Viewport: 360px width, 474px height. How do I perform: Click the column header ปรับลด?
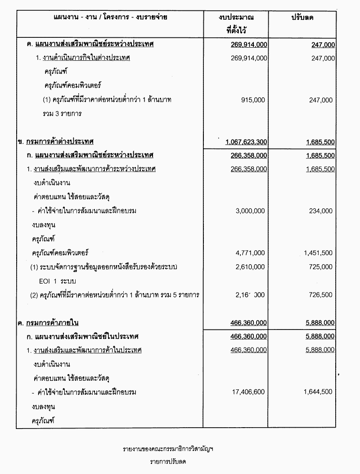click(302, 18)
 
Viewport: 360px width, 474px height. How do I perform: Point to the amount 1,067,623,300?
click(246, 142)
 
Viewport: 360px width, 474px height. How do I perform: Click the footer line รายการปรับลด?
click(168, 462)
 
